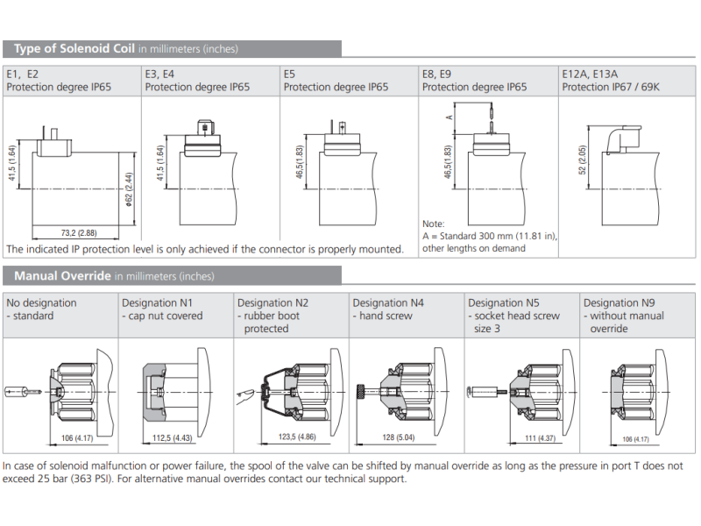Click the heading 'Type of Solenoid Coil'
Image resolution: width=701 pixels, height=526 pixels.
(74, 49)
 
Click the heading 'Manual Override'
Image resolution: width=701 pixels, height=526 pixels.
(62, 276)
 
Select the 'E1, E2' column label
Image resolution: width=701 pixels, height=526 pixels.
(23, 75)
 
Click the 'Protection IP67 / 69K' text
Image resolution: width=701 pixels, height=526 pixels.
(612, 87)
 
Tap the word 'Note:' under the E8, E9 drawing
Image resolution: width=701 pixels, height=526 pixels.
(434, 224)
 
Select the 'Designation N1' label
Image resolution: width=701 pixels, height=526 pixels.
(161, 303)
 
